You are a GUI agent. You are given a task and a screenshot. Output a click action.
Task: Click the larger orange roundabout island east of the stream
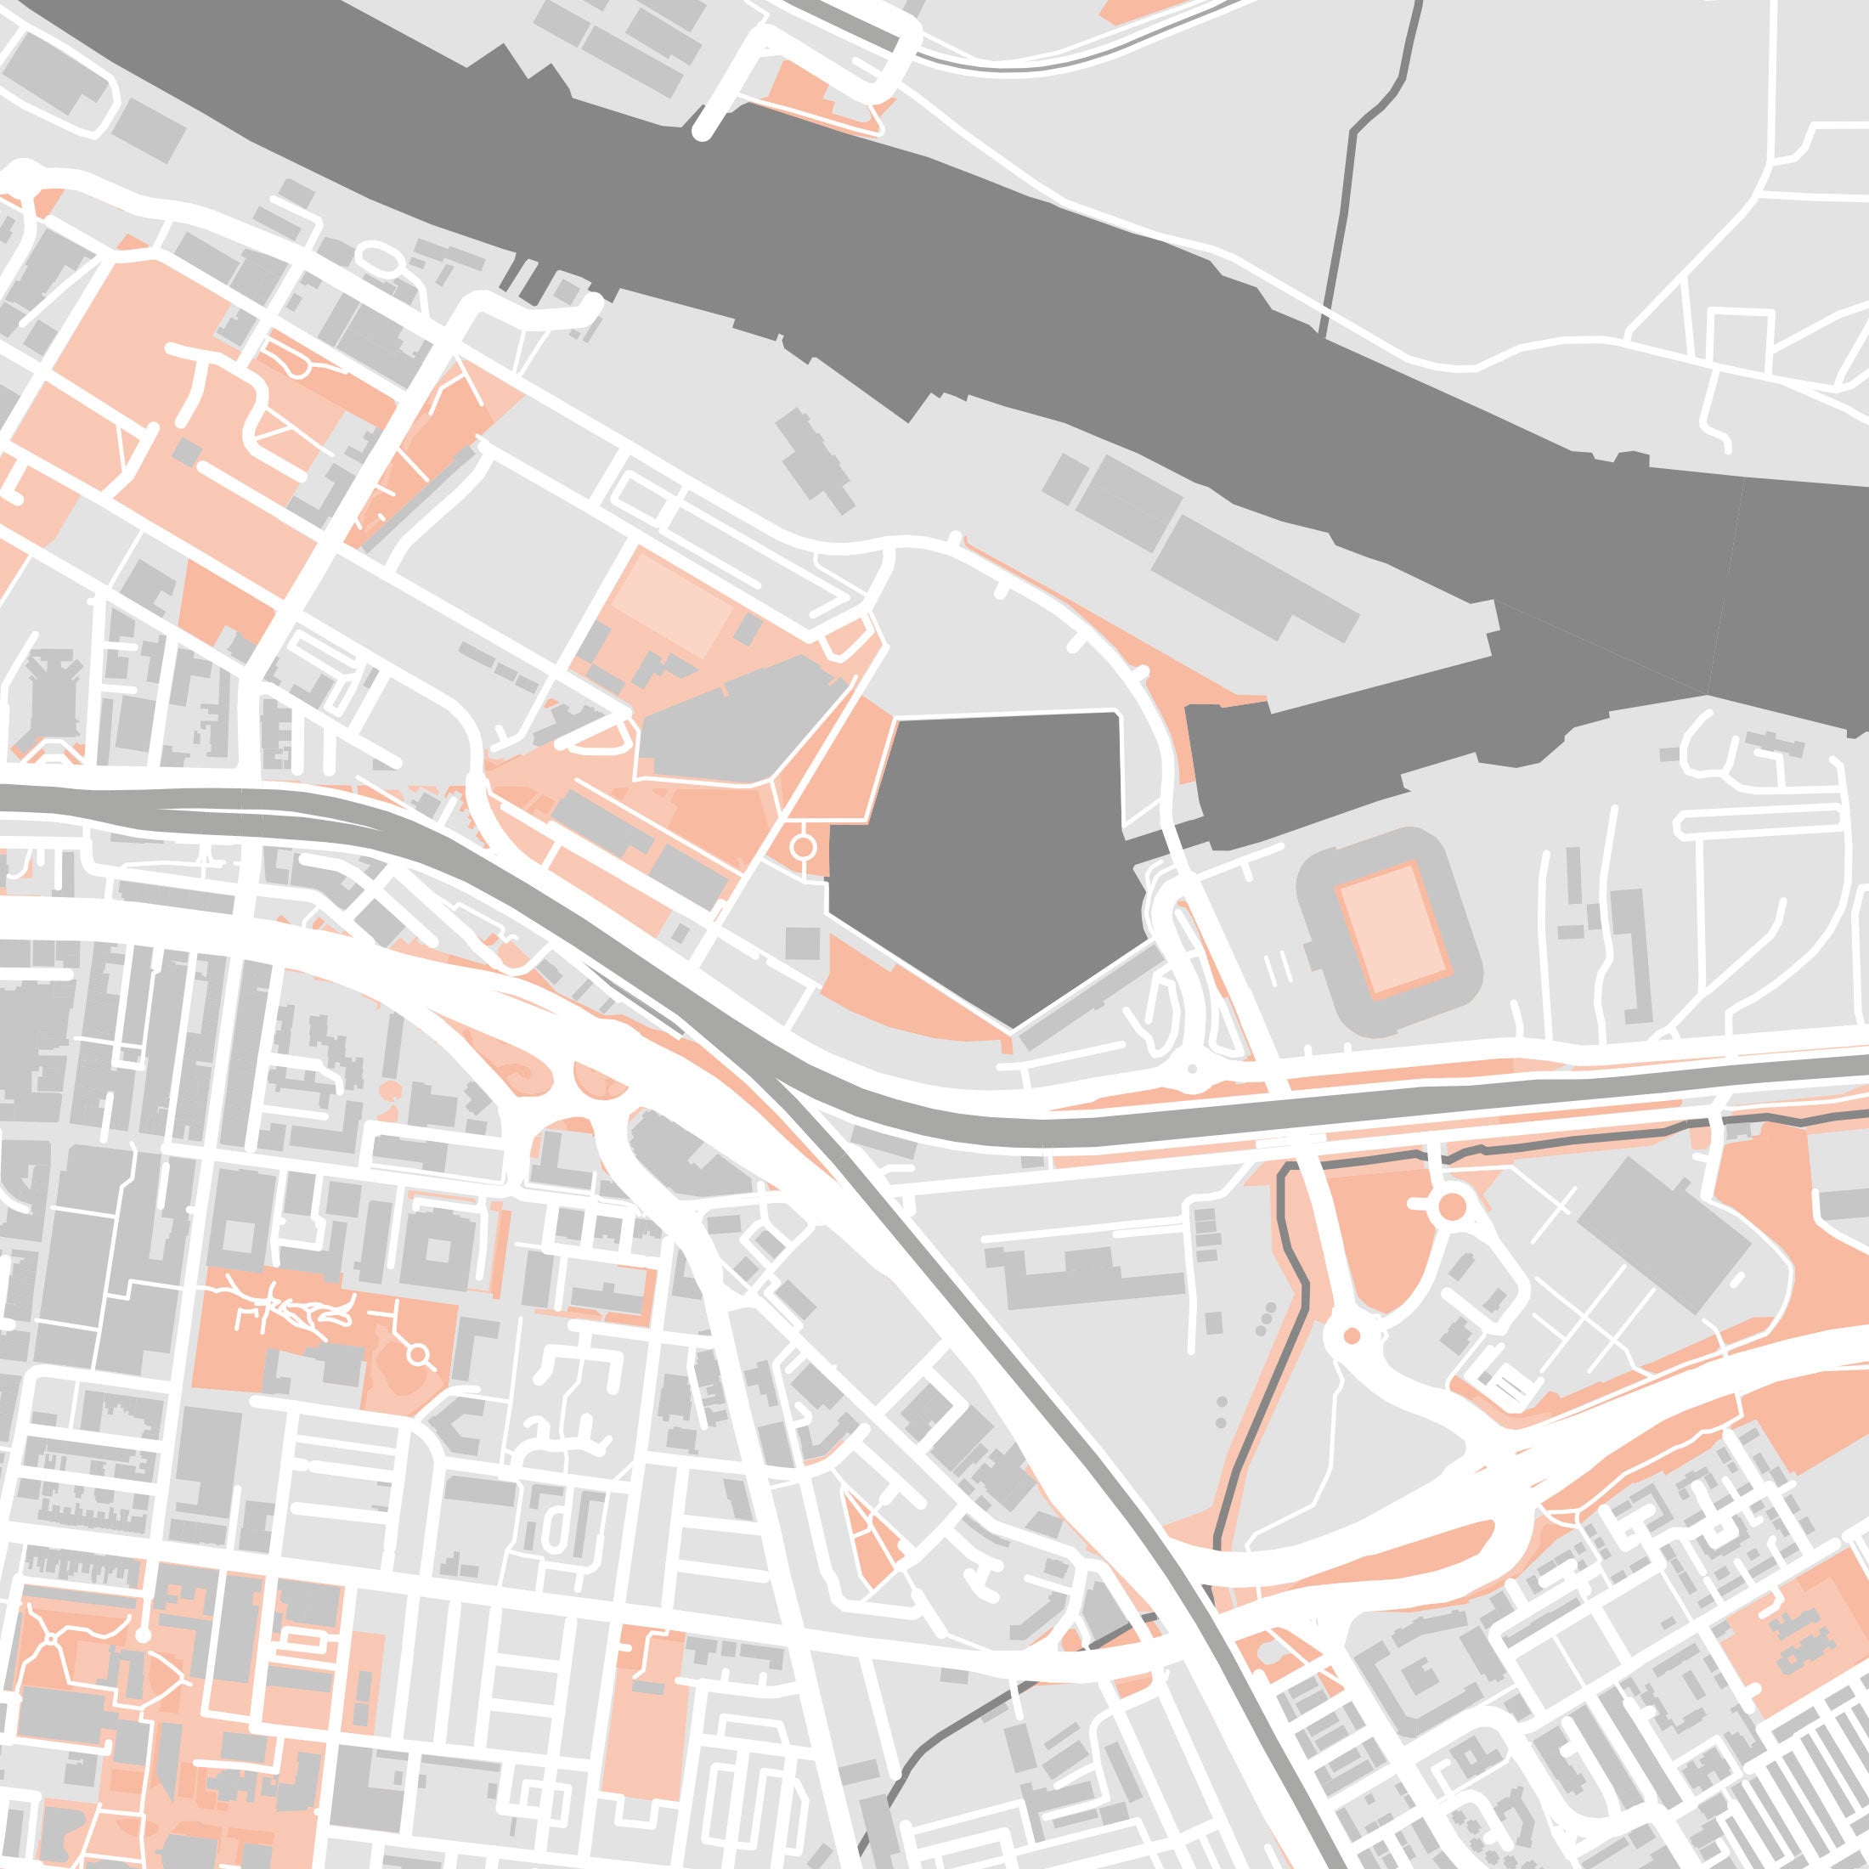pos(1451,1206)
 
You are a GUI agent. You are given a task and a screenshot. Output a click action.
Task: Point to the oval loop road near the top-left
pos(381,258)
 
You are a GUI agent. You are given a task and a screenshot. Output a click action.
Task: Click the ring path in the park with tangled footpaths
pos(418,1354)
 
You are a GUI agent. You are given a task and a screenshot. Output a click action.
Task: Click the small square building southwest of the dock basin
pos(802,942)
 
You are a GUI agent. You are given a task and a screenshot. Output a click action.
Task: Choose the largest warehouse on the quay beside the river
pos(1257,576)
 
